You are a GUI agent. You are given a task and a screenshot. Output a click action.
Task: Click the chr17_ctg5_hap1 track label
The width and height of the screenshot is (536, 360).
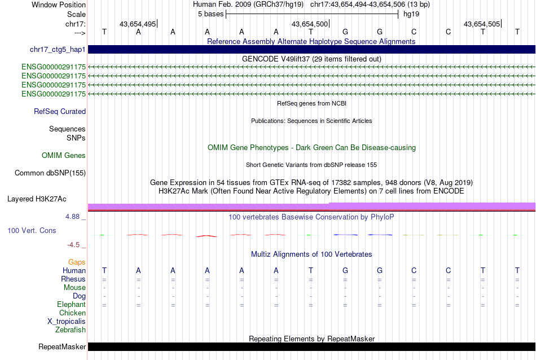[58, 50]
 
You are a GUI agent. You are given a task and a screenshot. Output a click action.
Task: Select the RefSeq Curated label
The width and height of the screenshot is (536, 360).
[60, 112]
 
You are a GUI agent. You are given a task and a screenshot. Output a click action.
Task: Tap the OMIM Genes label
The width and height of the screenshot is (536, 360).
[64, 156]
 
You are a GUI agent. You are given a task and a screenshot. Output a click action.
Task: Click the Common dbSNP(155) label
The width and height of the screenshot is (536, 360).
[50, 173]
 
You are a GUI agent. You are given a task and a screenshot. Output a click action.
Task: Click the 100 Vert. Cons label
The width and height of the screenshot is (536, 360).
[32, 231]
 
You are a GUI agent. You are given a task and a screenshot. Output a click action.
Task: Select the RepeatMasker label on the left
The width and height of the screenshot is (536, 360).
[62, 346]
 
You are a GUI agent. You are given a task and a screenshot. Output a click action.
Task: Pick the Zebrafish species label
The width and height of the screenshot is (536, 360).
[71, 330]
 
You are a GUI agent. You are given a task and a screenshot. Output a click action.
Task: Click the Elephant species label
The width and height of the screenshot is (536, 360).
[71, 305]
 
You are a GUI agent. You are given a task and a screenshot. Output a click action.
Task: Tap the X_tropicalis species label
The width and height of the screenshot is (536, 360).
[67, 322]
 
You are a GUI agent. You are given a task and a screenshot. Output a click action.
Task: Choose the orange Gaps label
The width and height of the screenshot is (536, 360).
[77, 262]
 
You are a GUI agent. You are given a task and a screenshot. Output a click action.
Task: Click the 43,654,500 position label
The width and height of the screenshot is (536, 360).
[309, 24]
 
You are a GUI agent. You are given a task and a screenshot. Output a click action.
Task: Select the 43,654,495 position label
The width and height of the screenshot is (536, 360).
[138, 24]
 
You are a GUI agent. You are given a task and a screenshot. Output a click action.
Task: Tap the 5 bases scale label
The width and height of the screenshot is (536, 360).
[210, 14]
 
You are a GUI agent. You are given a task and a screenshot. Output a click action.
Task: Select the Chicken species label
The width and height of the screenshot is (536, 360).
[73, 313]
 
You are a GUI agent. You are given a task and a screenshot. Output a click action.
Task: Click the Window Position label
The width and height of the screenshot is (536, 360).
[59, 5]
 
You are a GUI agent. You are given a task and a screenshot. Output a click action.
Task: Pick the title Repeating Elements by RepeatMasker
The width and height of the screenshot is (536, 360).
[311, 339]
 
